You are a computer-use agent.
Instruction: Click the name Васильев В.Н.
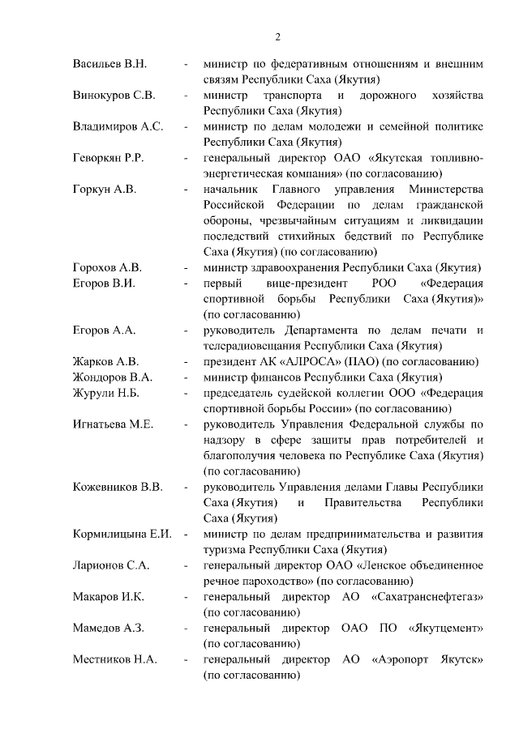coord(109,64)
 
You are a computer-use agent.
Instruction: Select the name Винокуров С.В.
coord(114,95)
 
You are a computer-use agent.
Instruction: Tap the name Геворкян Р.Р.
coord(109,157)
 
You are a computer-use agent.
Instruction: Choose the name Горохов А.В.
coord(107,267)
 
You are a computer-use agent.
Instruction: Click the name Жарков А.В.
coord(105,361)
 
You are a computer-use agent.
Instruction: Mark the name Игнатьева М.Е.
coord(113,424)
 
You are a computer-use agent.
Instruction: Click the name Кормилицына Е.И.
coord(123,534)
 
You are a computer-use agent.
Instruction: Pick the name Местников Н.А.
coord(114,660)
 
